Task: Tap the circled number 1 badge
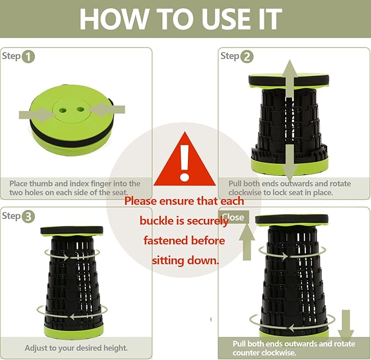pyautogui.click(x=28, y=57)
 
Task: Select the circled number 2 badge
pyautogui.click(x=247, y=57)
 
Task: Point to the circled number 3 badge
pyautogui.click(x=28, y=217)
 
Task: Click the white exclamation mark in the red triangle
pyautogui.click(x=184, y=163)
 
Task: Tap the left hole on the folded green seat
pyautogui.click(x=63, y=110)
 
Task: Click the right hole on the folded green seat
pyautogui.click(x=80, y=109)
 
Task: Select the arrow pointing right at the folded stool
pyautogui.click(x=37, y=115)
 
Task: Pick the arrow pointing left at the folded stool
pyautogui.click(x=107, y=109)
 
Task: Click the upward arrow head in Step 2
pyautogui.click(x=290, y=71)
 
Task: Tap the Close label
pyautogui.click(x=233, y=217)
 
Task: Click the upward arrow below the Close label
pyautogui.click(x=247, y=242)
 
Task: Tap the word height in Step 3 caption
pyautogui.click(x=115, y=348)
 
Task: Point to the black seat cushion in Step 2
pyautogui.click(x=288, y=80)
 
